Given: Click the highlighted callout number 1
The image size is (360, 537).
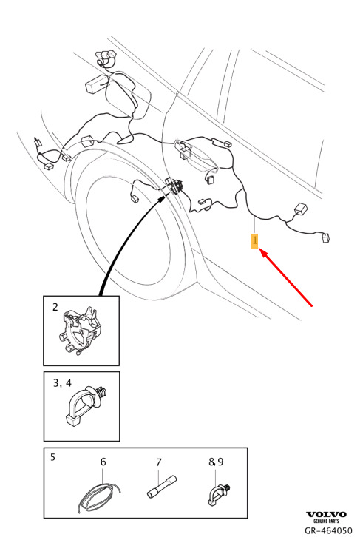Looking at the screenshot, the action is (x=254, y=240).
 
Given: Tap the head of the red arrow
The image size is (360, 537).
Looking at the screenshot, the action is (x=259, y=250).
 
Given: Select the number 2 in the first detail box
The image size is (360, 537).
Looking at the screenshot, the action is (x=55, y=307).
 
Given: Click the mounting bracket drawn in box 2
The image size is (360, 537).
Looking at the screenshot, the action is (x=81, y=331).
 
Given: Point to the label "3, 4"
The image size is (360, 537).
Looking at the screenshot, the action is (x=62, y=383).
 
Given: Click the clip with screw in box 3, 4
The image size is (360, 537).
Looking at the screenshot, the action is (x=86, y=407).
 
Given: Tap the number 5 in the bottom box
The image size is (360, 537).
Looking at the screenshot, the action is (x=52, y=457).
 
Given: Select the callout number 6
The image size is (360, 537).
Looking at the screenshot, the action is (x=103, y=462).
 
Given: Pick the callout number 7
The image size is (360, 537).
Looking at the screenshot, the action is (x=158, y=462).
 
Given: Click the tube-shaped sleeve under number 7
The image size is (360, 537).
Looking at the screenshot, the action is (x=162, y=487).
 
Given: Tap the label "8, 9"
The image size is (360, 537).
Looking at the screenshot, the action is (x=216, y=462).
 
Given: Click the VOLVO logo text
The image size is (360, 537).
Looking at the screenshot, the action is (x=326, y=514).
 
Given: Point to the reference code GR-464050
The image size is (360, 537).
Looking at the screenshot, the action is (x=328, y=531).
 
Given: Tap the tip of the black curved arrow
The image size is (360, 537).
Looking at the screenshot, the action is (x=169, y=193).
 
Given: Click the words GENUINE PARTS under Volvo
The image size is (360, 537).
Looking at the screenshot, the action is (x=326, y=521).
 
